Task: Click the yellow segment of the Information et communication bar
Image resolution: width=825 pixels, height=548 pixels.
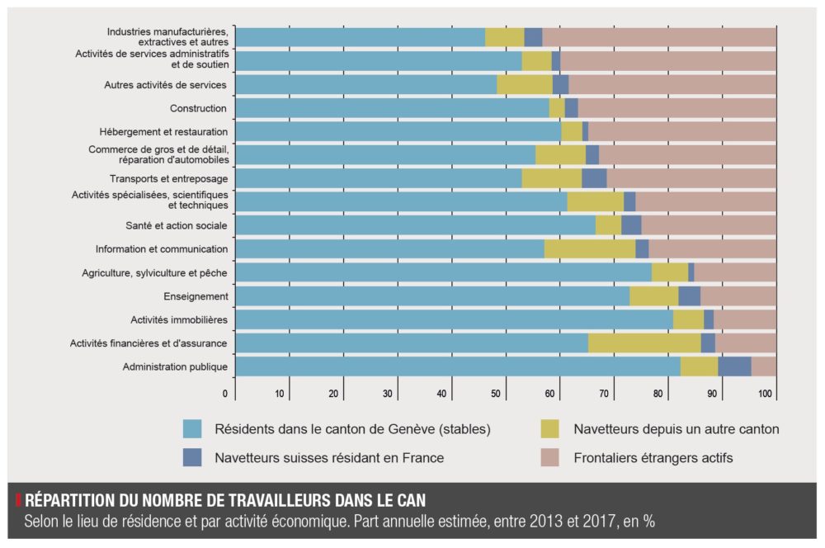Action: (589, 248)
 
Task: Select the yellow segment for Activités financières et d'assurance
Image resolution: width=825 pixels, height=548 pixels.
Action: (644, 343)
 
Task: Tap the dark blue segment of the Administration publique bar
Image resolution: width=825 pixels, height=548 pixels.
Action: (734, 366)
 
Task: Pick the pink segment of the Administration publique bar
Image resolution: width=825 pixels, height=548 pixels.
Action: (763, 366)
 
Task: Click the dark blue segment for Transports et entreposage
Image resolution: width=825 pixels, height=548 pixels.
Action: (594, 178)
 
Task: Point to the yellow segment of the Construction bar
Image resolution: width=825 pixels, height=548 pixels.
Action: (557, 107)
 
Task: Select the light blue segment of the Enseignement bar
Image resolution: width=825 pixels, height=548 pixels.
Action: (432, 295)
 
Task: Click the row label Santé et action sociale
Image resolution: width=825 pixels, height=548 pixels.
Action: (177, 225)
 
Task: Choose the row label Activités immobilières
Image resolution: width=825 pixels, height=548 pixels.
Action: (179, 319)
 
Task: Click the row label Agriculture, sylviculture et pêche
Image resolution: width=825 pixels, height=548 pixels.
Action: (155, 272)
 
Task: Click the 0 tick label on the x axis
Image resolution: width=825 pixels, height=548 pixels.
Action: (225, 394)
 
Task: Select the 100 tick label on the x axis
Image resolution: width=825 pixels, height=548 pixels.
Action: (765, 394)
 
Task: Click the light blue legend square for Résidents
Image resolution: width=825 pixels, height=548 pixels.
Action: (192, 428)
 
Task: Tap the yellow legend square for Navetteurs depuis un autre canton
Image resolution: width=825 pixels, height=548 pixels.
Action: (549, 428)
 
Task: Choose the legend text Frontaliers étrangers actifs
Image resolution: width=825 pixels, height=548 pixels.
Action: (653, 457)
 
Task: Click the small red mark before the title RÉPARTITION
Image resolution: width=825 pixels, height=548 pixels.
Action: (18, 500)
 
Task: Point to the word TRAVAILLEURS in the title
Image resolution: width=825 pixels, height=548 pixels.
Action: (247, 501)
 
